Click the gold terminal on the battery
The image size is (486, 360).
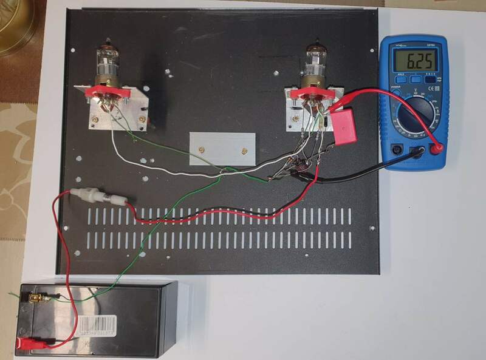click(36, 299)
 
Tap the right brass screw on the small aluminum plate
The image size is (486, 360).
click(243, 150)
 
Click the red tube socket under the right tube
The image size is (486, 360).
click(310, 92)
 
